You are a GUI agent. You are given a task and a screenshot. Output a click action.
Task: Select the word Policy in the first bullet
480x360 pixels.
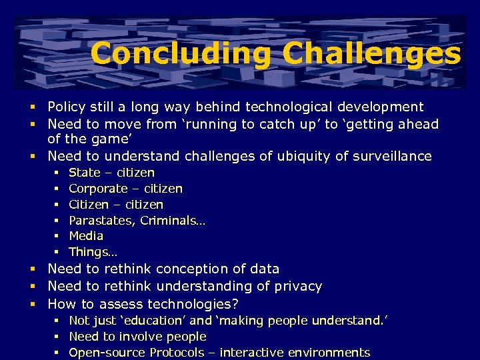(x=66, y=107)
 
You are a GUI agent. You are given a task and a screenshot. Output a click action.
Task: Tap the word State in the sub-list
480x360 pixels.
(x=84, y=173)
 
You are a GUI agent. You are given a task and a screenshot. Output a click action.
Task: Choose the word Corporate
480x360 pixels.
(x=97, y=189)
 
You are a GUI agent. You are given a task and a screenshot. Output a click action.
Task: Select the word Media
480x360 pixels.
(x=86, y=235)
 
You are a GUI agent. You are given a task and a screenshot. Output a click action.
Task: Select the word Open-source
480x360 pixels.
(x=107, y=353)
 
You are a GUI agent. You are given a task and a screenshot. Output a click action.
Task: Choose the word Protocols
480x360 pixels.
(x=179, y=353)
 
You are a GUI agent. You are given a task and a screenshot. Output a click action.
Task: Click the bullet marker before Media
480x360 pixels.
(x=57, y=236)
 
